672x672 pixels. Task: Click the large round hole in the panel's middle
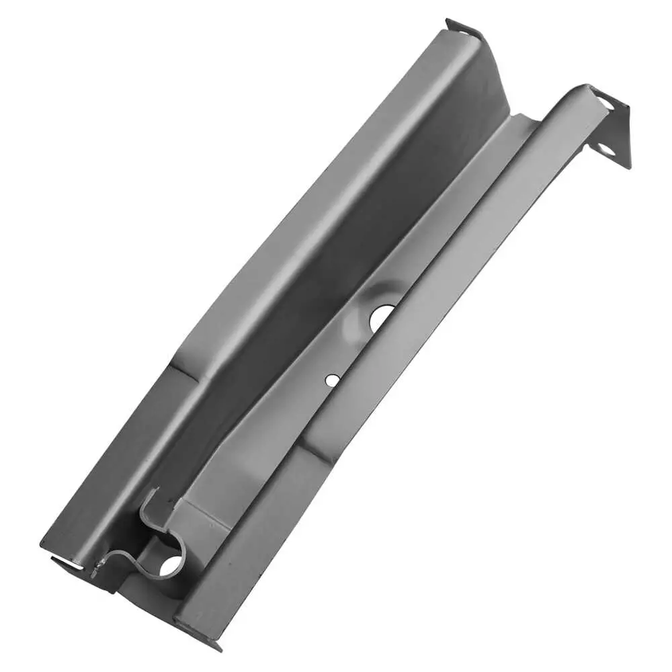point(382,317)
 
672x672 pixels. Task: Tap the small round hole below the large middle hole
point(332,380)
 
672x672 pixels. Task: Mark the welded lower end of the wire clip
point(96,571)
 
